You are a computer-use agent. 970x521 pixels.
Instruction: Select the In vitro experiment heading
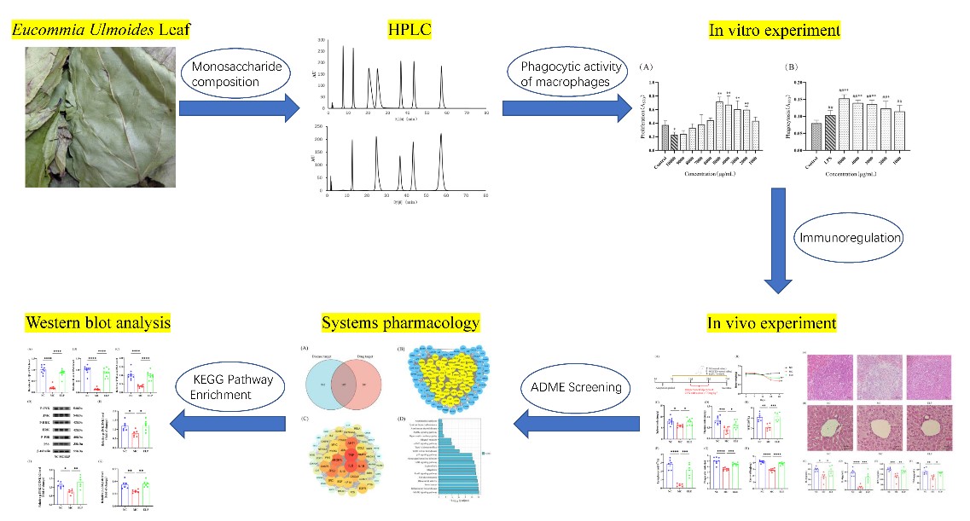click(775, 30)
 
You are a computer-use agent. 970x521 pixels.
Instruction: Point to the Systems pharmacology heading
click(401, 323)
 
